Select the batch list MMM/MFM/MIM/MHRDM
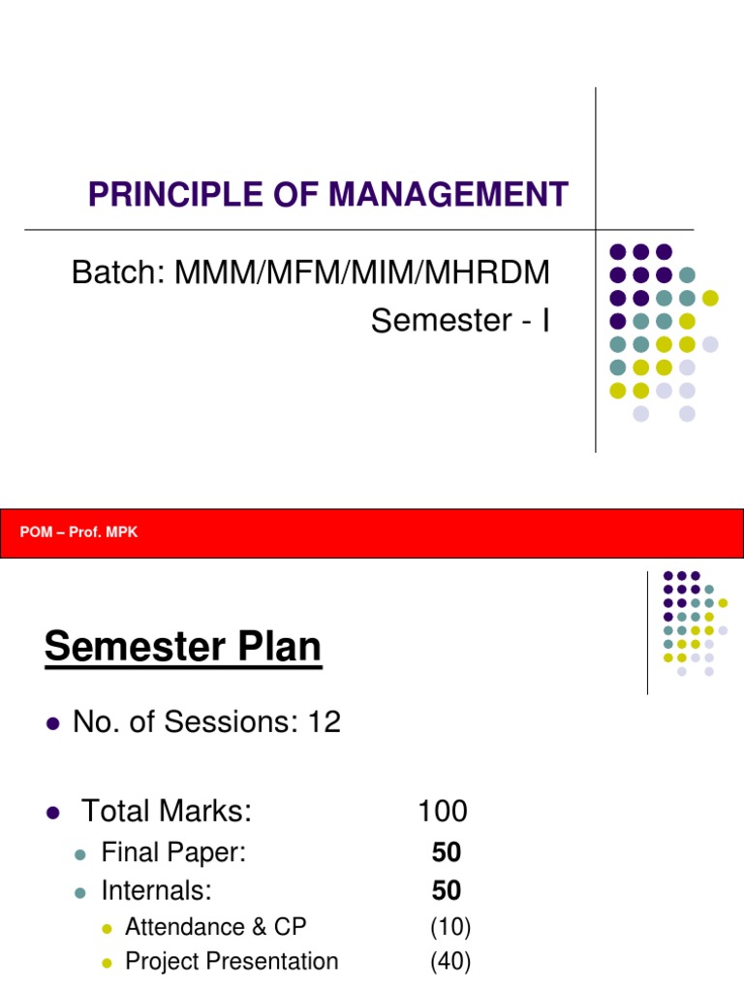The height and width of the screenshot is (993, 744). (362, 273)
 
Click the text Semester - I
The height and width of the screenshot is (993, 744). (460, 320)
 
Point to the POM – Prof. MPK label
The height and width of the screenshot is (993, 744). (78, 532)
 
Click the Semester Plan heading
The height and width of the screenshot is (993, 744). (182, 647)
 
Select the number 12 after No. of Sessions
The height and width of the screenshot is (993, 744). (325, 722)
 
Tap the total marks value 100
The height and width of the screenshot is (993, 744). (442, 811)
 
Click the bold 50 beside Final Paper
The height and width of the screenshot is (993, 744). (447, 853)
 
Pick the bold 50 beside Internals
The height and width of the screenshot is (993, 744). (447, 890)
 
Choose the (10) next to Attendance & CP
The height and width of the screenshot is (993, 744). (450, 927)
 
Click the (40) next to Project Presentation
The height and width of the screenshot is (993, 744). (450, 962)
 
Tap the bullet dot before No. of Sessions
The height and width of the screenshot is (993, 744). (53, 723)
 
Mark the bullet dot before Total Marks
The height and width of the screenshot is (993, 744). (53, 812)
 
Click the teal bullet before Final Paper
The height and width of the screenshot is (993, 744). (81, 854)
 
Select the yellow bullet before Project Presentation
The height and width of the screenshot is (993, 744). (108, 963)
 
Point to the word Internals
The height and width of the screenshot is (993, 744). (156, 890)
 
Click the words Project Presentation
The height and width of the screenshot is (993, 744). (232, 962)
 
